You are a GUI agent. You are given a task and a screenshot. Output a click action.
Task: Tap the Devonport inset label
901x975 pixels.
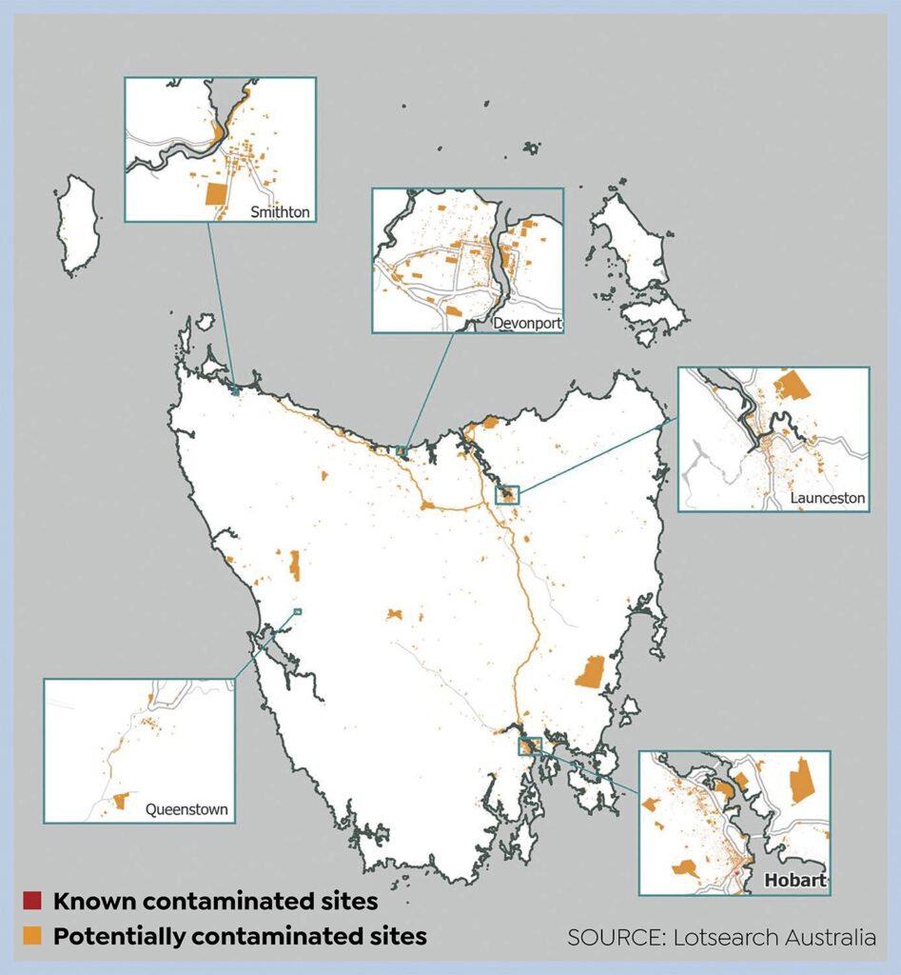coord(527,324)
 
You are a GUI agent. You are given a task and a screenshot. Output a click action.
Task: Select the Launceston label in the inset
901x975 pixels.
coord(828,498)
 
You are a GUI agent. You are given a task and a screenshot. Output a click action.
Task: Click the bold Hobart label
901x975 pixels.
coord(795,882)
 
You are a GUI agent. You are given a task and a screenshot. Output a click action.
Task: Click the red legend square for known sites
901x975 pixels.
coord(32,901)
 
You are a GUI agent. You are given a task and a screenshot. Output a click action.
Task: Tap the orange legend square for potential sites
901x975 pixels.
coord(32,936)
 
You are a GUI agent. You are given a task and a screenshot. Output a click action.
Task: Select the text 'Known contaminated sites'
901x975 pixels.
coord(215,901)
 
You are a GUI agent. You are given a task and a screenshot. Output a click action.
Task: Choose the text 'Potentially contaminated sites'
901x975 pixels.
coord(240,936)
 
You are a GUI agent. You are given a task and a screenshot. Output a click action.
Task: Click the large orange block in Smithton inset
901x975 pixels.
coord(218,194)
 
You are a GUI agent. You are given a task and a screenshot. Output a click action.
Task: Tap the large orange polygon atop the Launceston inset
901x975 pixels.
coord(791,386)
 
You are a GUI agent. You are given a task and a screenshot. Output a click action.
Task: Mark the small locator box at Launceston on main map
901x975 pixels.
coord(509,493)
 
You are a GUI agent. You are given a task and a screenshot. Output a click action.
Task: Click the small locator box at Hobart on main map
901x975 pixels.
coord(530,745)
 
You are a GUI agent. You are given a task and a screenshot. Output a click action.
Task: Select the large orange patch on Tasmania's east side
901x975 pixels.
coord(591,672)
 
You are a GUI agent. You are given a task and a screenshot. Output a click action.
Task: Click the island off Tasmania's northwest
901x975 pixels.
coord(78,225)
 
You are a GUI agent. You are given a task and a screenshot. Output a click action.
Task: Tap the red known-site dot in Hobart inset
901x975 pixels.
coord(736,871)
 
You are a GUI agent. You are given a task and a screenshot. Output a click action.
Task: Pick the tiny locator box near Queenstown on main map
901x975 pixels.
coord(298,611)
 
